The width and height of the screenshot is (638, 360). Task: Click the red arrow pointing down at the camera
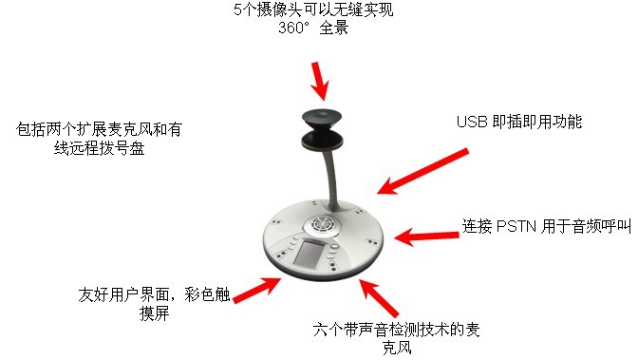320,81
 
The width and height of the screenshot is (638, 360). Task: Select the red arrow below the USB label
422,171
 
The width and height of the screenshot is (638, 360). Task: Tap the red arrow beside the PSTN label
426,237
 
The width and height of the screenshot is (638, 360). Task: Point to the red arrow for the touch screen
256,290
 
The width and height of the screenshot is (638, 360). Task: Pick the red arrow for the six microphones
379,297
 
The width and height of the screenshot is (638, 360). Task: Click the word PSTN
516,226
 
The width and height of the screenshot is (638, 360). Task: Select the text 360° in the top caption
293,28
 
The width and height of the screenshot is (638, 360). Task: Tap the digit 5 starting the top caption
237,9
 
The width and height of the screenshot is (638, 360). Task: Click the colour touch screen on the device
309,254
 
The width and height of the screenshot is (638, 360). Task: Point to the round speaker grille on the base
322,224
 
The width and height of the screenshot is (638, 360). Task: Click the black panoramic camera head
322,130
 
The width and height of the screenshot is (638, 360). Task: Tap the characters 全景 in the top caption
334,28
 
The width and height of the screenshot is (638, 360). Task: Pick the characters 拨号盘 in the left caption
122,148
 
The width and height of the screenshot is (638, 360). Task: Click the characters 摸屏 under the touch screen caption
154,313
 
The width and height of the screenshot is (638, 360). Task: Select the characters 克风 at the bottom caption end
397,348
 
